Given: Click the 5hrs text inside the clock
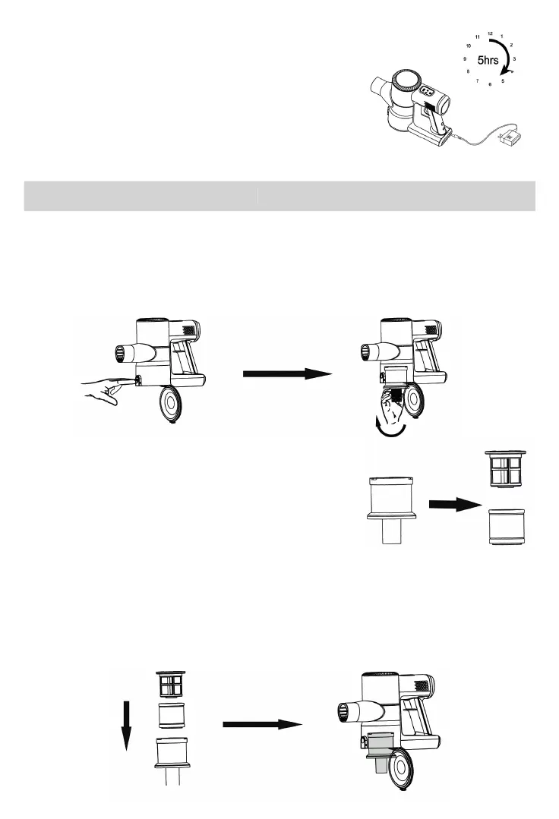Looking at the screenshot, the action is click(488, 58).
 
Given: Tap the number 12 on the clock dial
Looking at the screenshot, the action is click(490, 33).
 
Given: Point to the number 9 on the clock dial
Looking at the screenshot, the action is click(464, 58).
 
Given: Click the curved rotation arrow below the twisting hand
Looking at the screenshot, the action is click(388, 431).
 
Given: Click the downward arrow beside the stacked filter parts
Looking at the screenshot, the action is click(127, 726).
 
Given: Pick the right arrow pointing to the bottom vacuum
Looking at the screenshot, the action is click(262, 725).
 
